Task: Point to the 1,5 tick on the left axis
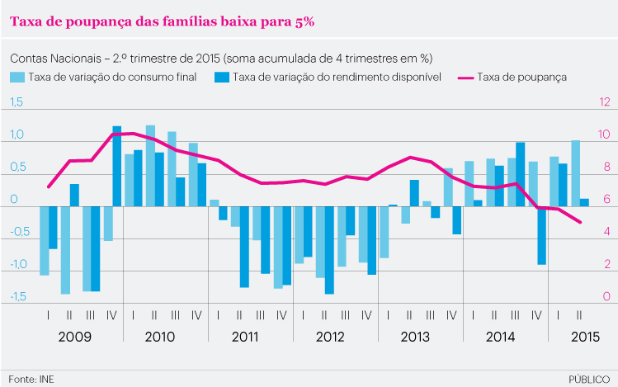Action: [x=16, y=102]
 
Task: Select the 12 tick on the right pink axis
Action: [x=605, y=102]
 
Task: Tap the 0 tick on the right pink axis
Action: [x=605, y=297]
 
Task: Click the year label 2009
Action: [x=75, y=337]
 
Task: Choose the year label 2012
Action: [x=330, y=337]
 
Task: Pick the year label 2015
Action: [x=585, y=337]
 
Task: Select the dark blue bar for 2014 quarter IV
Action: [x=542, y=235]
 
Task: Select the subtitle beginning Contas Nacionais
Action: [x=221, y=59]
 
